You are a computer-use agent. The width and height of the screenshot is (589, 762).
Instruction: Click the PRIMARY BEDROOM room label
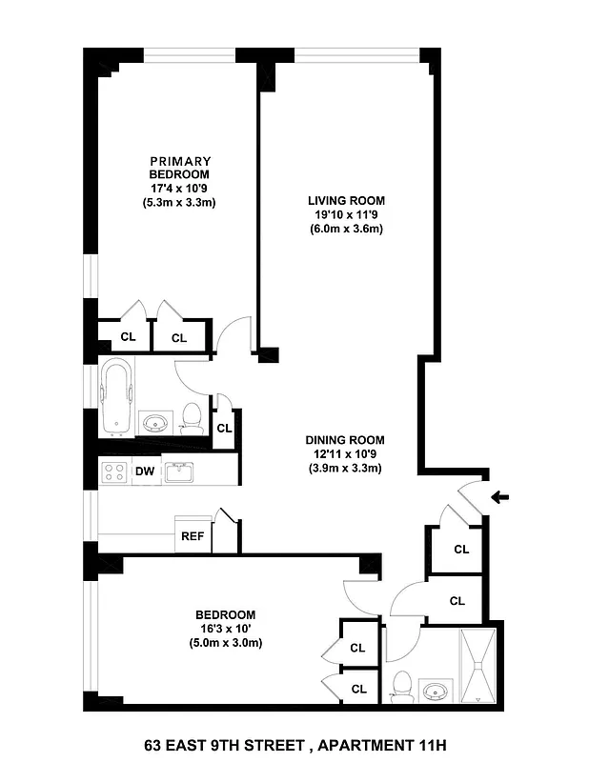(179, 168)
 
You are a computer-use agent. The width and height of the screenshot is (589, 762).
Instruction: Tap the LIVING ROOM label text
(345, 200)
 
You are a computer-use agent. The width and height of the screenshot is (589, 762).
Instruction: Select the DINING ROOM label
(344, 440)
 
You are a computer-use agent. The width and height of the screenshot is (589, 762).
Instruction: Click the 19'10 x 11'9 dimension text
(345, 214)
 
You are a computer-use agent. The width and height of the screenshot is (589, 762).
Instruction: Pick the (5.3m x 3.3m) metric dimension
(179, 203)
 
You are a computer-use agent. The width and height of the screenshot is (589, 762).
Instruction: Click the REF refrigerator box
(192, 536)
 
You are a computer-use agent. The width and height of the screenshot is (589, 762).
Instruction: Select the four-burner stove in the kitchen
(115, 471)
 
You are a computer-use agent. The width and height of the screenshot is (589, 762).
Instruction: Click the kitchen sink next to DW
(178, 471)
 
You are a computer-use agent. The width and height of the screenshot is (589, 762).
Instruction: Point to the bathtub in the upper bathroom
(115, 397)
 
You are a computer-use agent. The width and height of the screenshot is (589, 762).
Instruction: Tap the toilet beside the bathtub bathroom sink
(193, 415)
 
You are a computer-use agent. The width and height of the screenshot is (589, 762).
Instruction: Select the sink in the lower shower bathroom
(437, 690)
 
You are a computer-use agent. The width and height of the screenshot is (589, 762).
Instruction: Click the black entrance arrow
(501, 496)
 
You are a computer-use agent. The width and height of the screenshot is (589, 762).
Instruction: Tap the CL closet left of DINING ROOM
(224, 429)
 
